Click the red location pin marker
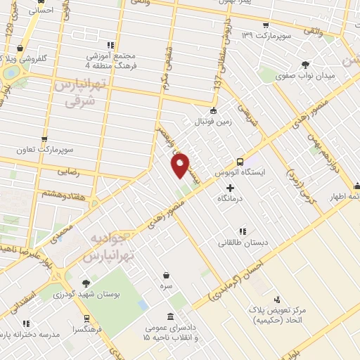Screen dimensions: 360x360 (180, 165)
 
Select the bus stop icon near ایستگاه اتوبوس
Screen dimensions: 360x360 (240, 160)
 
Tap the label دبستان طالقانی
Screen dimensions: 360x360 (242, 243)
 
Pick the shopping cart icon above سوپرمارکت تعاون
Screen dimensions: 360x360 (44, 139)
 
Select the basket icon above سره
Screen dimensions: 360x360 (167, 275)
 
